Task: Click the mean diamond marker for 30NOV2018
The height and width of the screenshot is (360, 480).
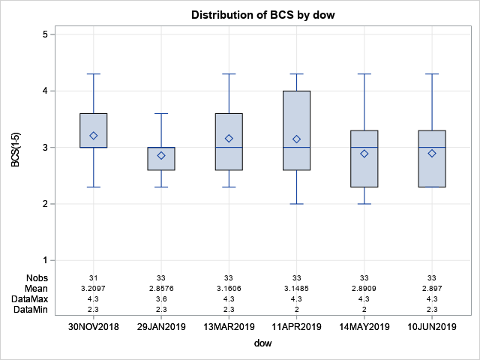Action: [94, 136]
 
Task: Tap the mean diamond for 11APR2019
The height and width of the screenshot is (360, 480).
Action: [296, 139]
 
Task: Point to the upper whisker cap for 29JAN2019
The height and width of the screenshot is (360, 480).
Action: [161, 113]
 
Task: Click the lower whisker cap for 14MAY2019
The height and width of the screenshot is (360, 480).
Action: [364, 204]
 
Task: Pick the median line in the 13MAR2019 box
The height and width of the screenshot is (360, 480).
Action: [229, 148]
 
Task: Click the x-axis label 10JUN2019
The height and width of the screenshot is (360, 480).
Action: [432, 327]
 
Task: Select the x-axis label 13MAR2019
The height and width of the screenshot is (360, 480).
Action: [229, 327]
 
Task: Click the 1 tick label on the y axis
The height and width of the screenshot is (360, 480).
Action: [46, 260]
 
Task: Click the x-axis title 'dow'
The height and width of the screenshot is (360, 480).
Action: [262, 344]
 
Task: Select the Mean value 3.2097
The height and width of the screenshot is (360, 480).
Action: [94, 288]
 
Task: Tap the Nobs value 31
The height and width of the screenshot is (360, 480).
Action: [94, 278]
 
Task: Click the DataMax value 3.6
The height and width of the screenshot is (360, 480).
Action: [161, 298]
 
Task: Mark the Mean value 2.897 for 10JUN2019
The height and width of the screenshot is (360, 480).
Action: [432, 288]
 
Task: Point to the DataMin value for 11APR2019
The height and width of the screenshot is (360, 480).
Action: [296, 308]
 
